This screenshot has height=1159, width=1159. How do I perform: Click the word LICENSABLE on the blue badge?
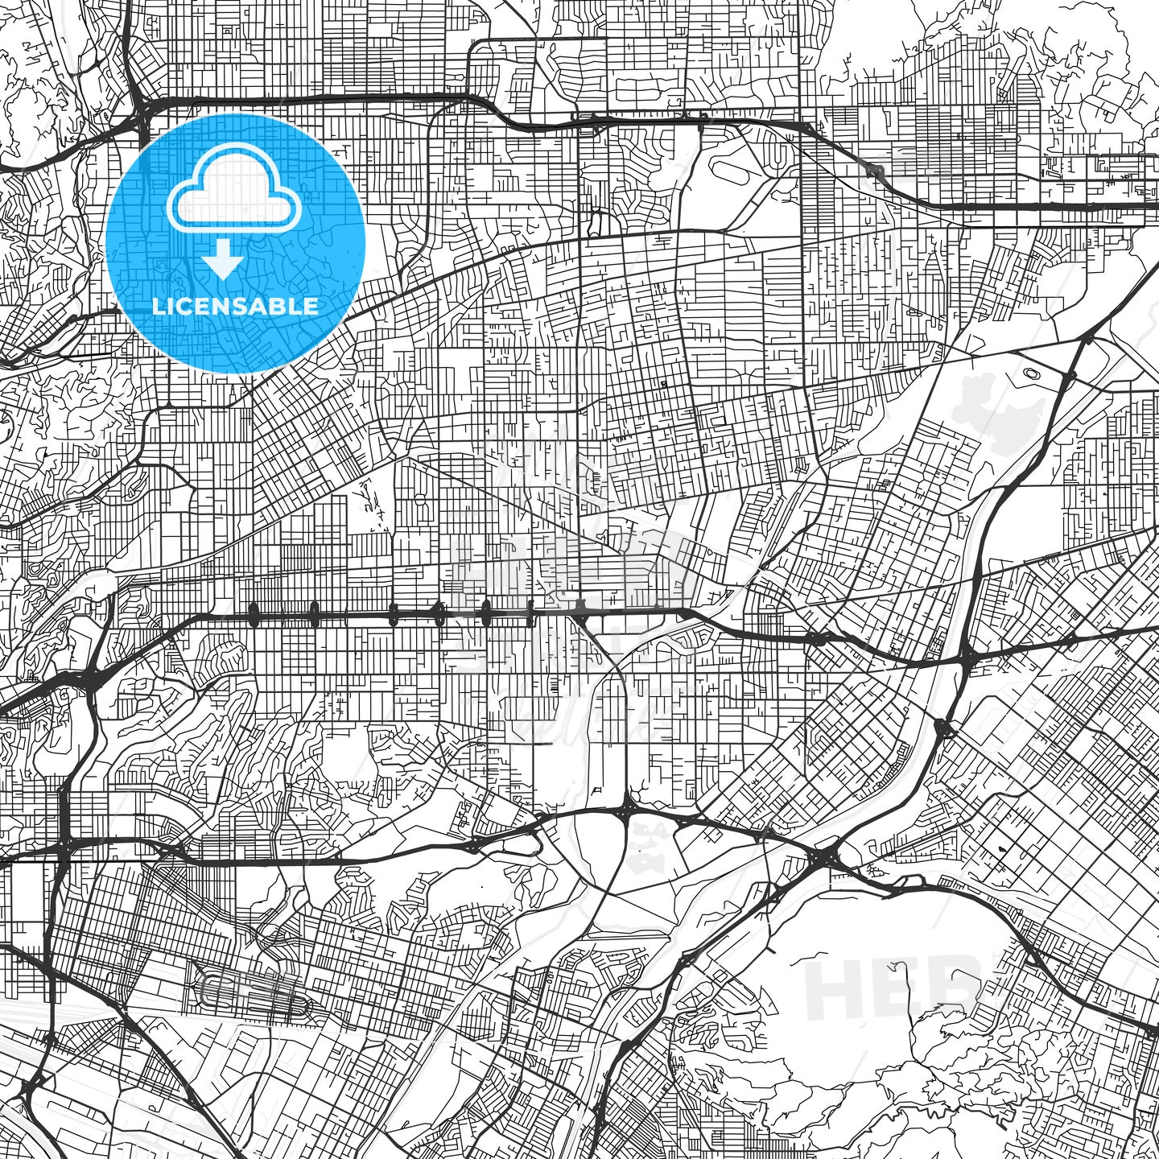[x=235, y=307]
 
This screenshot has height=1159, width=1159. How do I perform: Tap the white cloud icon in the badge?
[x=234, y=197]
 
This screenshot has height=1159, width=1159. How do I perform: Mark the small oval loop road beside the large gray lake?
[x=1031, y=373]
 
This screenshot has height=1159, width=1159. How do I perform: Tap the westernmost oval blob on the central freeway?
[x=254, y=616]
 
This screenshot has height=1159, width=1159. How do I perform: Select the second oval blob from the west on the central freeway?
[x=314, y=617]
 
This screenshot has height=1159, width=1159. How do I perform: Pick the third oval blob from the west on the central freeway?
[x=393, y=617]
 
